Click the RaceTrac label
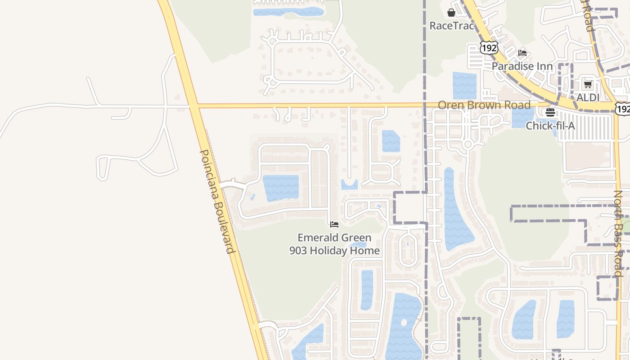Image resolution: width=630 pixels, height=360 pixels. [452, 26]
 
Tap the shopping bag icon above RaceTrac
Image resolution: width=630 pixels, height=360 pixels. [451, 13]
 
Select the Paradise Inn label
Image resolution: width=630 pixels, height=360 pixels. [522, 66]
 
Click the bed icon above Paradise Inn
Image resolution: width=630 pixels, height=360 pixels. [522, 53]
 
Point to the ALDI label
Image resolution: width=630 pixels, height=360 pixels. [588, 97]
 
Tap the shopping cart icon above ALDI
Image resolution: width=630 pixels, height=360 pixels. [588, 84]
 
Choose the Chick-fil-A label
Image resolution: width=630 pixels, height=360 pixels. [550, 126]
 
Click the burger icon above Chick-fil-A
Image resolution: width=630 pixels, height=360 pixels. [550, 112]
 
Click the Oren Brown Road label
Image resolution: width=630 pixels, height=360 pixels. [484, 105]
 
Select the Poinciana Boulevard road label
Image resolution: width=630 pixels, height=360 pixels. [218, 202]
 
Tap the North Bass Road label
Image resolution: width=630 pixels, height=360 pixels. [619, 233]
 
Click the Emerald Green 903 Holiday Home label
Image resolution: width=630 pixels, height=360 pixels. [334, 244]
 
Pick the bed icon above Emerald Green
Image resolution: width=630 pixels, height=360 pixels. [334, 225]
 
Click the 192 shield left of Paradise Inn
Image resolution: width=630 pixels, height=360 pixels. [489, 47]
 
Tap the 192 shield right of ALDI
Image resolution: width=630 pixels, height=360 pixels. [623, 108]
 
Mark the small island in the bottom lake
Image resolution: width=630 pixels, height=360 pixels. [404, 323]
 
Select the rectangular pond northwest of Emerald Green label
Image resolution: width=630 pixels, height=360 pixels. [280, 188]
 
